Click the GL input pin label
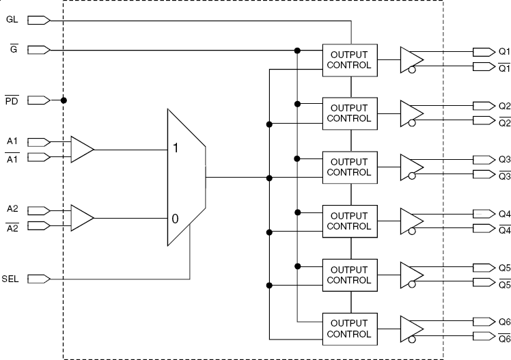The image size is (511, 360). click(x=12, y=20)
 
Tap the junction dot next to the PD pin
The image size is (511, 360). click(x=64, y=100)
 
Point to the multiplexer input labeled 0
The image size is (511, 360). click(x=176, y=219)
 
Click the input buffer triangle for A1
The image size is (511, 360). click(x=81, y=149)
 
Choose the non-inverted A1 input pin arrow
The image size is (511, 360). click(x=38, y=142)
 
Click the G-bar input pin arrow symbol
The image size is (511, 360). click(x=38, y=50)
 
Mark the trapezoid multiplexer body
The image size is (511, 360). click(x=186, y=178)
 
